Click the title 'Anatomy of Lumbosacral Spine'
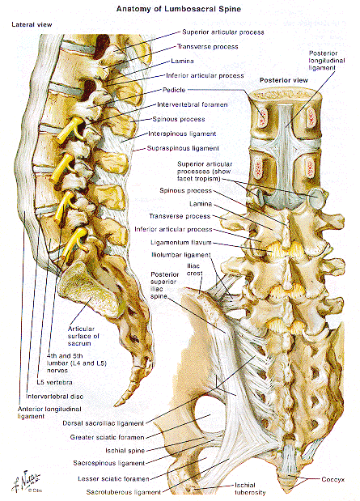pyautogui.click(x=179, y=9)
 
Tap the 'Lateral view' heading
pyautogui.click(x=32, y=24)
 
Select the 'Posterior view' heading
pyautogui.click(x=284, y=80)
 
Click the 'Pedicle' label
pyautogui.click(x=174, y=90)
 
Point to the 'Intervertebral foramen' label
pyautogui.click(x=193, y=104)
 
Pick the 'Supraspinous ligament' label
pyautogui.click(x=183, y=148)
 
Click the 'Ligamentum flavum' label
pyautogui.click(x=180, y=243)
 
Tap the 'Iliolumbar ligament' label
pyautogui.click(x=180, y=255)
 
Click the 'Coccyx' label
pyautogui.click(x=332, y=479)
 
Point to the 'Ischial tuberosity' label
pyautogui.click(x=250, y=489)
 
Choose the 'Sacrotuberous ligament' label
pyautogui.click(x=123, y=492)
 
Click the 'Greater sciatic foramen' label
pyautogui.click(x=107, y=437)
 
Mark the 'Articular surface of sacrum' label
pyautogui.click(x=83, y=336)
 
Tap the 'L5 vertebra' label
pyautogui.click(x=54, y=382)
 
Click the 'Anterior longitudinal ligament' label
pyautogui.click(x=49, y=413)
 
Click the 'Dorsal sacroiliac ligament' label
pyautogui.click(x=104, y=423)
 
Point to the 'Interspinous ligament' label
pyautogui.click(x=182, y=134)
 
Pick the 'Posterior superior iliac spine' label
pyautogui.click(x=164, y=286)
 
